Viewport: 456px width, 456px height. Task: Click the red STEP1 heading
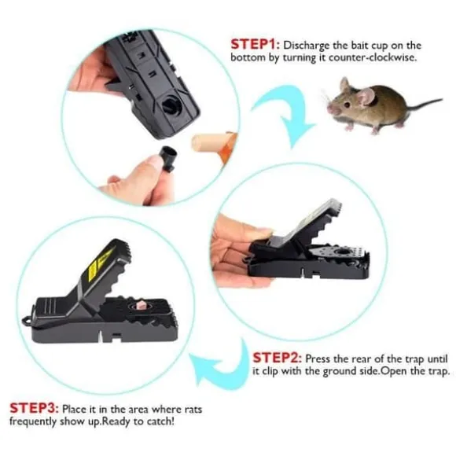coord(256,45)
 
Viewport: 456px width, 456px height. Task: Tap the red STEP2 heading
coord(278,358)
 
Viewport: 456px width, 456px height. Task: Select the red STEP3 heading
coord(35,408)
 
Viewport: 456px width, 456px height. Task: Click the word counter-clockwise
coord(373,57)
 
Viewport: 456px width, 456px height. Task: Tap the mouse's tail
coord(424,104)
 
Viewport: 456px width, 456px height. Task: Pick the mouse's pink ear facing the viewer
coord(366,96)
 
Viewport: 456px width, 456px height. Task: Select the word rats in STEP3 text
coord(193,410)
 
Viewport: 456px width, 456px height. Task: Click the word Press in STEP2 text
coord(318,359)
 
